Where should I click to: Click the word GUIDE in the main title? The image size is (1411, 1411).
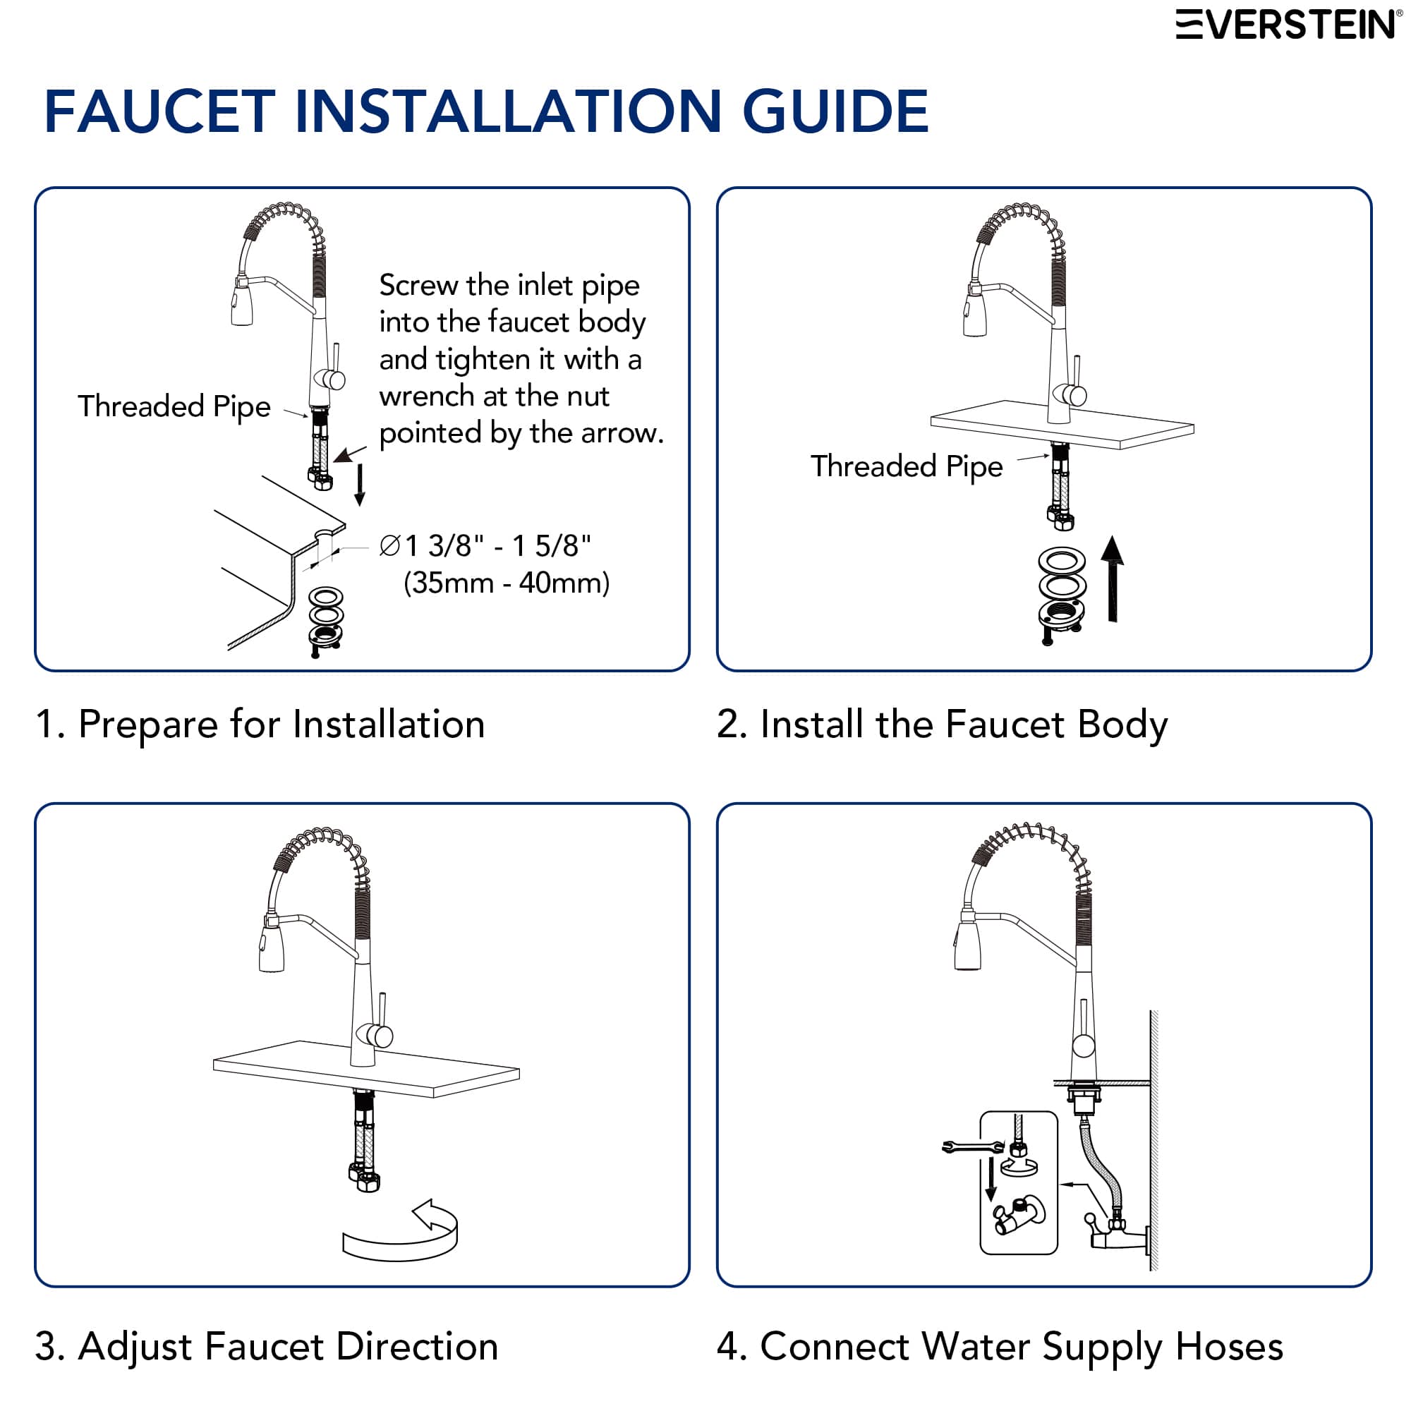point(835,111)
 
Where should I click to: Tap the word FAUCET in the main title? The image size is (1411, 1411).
point(160,111)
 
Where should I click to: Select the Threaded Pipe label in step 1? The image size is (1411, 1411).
point(174,406)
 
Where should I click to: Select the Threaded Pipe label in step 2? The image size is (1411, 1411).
point(907,466)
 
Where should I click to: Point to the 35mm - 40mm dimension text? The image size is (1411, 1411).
point(506,583)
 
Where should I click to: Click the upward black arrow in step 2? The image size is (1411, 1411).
point(1112,579)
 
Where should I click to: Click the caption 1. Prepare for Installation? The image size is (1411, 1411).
point(260,724)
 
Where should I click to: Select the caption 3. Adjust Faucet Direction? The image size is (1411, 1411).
point(267,1346)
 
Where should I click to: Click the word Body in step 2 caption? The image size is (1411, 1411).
point(1122,724)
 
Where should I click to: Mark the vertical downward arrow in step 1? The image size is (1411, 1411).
point(359,485)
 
